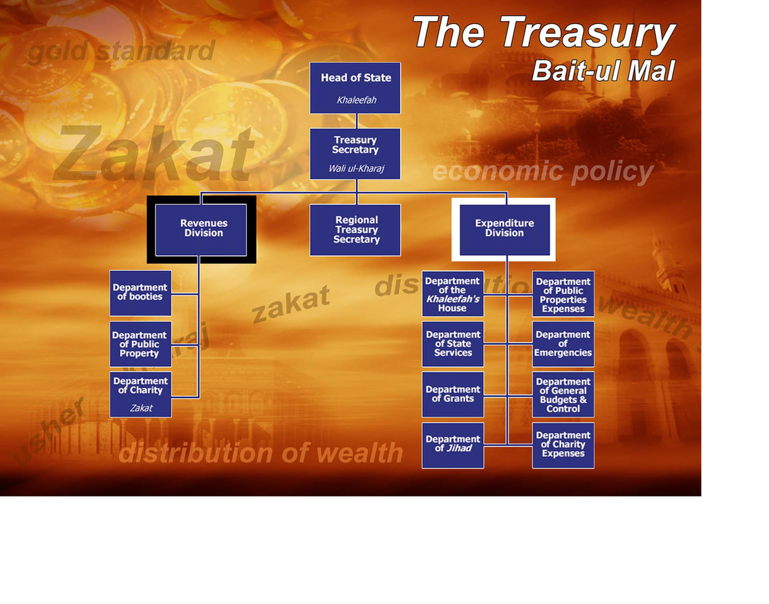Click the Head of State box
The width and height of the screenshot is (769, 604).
355,88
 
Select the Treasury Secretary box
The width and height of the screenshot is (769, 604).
355,153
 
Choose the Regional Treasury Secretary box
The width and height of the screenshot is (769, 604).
355,230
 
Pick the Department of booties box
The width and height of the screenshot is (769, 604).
140,293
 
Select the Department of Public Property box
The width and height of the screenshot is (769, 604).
140,344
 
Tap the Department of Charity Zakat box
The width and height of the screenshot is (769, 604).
140,394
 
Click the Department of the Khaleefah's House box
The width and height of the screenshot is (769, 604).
453,294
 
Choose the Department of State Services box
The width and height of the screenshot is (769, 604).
453,344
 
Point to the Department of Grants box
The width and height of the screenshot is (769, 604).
453,394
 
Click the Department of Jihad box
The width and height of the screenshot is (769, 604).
453,445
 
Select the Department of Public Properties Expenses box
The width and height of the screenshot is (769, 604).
563,295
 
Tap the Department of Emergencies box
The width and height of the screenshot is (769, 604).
563,344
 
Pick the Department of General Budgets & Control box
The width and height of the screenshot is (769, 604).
563,394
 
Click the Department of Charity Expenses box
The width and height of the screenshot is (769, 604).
563,445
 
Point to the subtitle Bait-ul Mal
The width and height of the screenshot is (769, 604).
603,71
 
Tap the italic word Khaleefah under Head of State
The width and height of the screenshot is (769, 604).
356,100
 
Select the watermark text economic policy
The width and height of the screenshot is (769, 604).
542,172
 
